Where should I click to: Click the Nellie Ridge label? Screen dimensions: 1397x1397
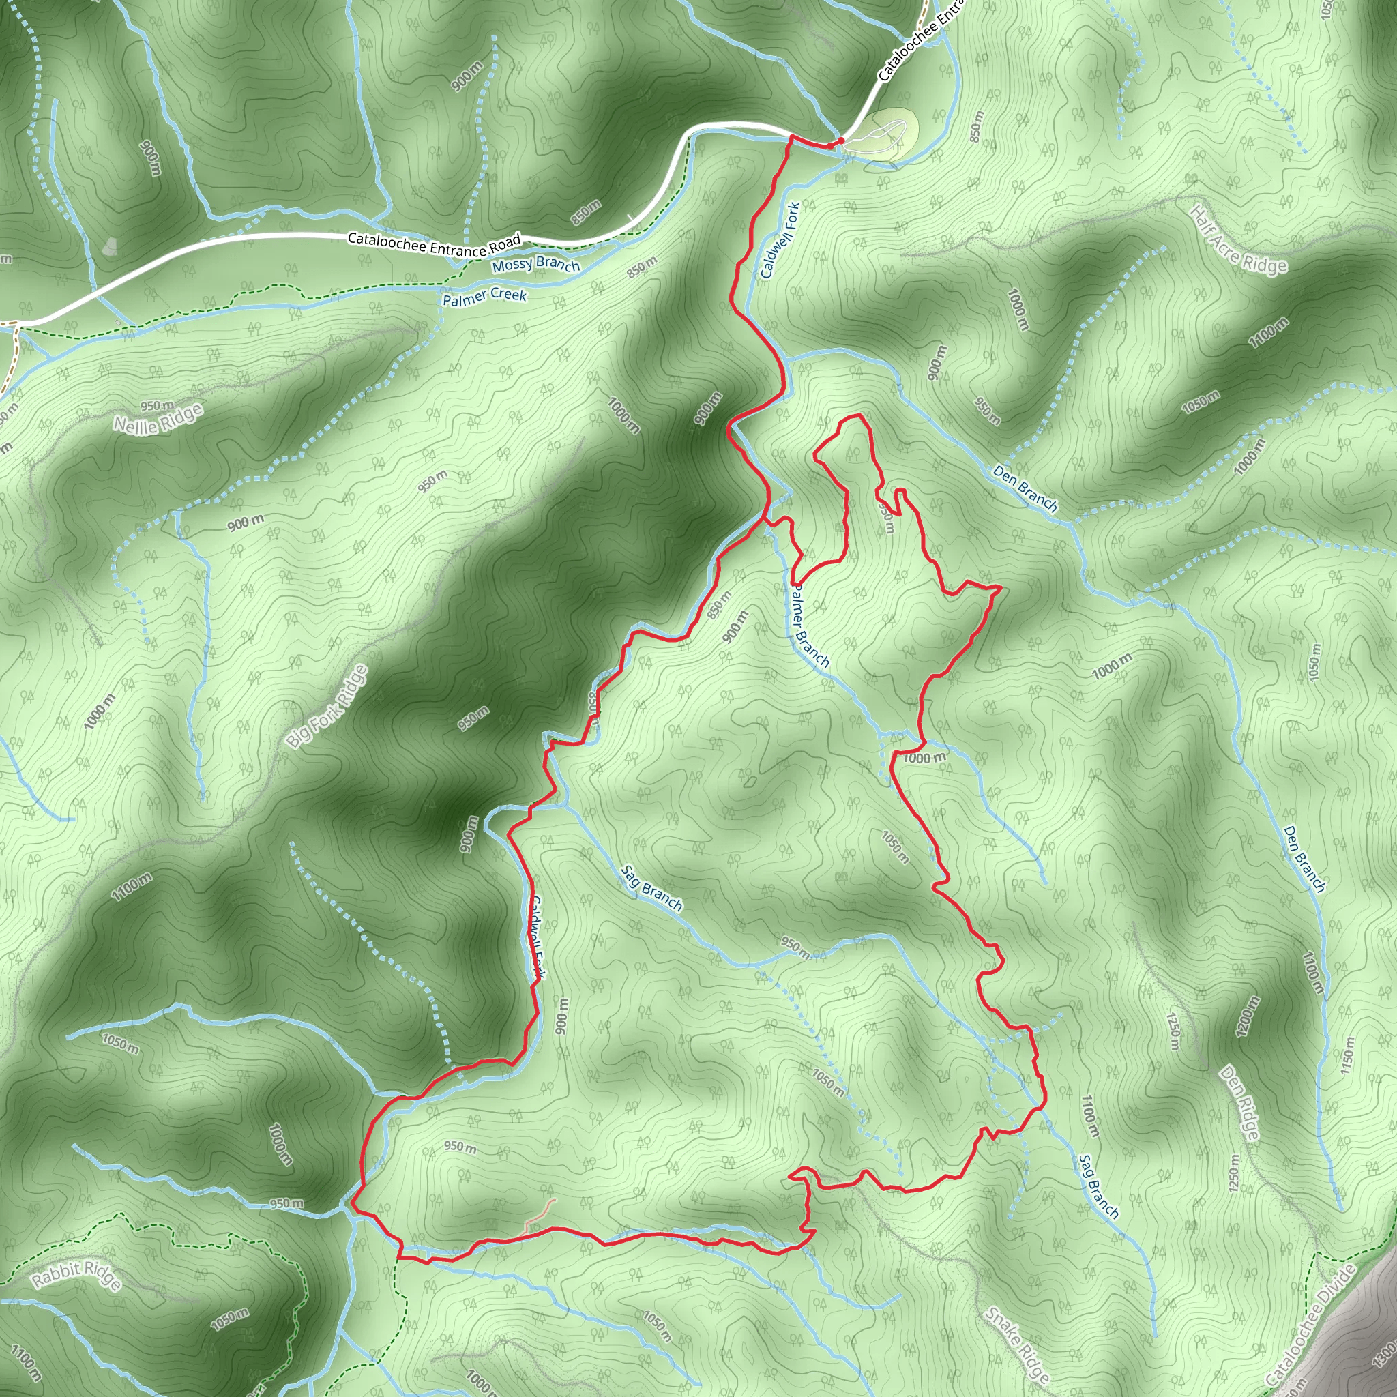tap(158, 420)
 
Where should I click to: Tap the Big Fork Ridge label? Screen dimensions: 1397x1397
tap(327, 707)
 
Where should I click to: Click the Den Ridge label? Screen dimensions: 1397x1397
tap(1241, 1103)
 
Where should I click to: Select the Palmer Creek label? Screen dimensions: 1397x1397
tap(484, 297)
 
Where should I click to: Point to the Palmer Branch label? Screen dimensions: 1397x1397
tap(808, 626)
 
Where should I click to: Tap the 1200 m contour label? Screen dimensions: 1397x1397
tap(1248, 1016)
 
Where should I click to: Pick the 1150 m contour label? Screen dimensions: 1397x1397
tap(1347, 1055)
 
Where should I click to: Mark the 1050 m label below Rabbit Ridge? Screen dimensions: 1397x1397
tap(230, 1319)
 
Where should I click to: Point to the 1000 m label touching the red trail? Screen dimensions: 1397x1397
tap(924, 758)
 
